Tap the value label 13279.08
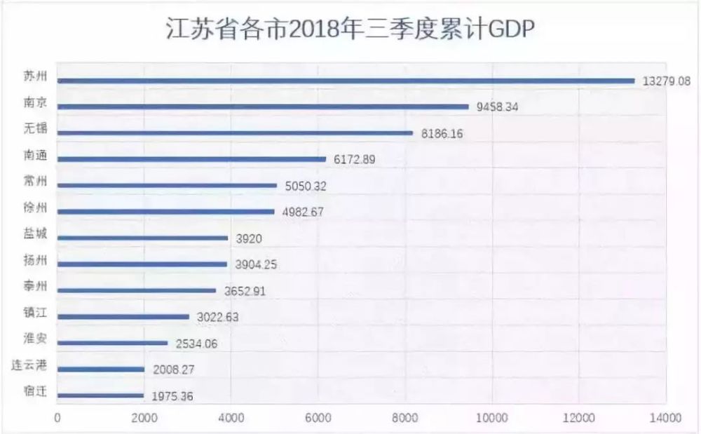(x=666, y=81)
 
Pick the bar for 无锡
(x=235, y=133)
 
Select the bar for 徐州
(x=165, y=212)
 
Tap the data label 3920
(x=249, y=238)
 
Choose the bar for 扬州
(x=142, y=264)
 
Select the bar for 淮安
(x=112, y=343)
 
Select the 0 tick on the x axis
(x=57, y=419)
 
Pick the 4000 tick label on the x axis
(x=231, y=419)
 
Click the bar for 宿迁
(x=100, y=395)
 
